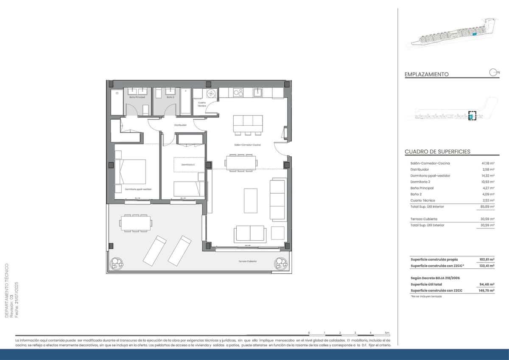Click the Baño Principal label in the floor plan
137,97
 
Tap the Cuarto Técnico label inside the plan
202,104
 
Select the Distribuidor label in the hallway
180,125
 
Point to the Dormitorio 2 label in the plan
188,164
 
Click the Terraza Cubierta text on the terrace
247,261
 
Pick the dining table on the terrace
136,222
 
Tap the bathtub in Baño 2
186,101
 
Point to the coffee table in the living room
250,200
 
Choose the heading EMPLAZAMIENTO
427,74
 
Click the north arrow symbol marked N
494,72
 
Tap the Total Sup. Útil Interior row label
427,206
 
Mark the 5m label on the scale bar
387,332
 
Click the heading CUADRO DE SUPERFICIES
437,152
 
